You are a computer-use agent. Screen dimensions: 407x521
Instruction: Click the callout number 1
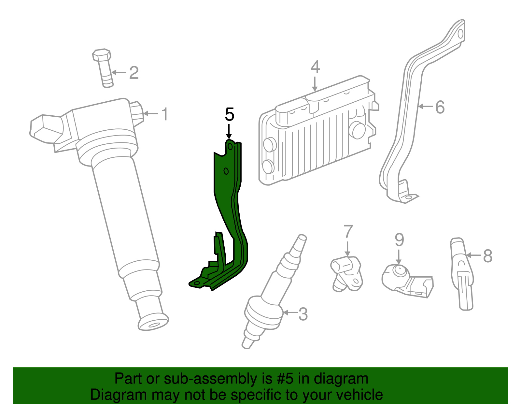pyautogui.click(x=165, y=114)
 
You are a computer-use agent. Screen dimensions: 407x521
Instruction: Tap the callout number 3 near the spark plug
pyautogui.click(x=303, y=314)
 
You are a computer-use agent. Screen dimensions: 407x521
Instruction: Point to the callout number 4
pyautogui.click(x=315, y=67)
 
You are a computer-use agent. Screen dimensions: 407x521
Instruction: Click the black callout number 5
pyautogui.click(x=230, y=115)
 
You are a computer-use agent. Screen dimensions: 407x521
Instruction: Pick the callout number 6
pyautogui.click(x=440, y=107)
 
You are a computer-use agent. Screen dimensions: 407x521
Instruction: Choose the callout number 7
pyautogui.click(x=348, y=232)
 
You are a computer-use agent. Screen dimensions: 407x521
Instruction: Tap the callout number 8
pyautogui.click(x=487, y=256)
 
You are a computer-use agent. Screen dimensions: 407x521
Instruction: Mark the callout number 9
pyautogui.click(x=399, y=240)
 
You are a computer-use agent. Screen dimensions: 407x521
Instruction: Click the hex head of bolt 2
pyautogui.click(x=102, y=55)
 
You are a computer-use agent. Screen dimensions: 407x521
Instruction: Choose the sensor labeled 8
pyautogui.click(x=462, y=274)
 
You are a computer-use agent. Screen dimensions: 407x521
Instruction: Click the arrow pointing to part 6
pyautogui.click(x=425, y=106)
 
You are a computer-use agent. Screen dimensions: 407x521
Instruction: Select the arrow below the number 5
pyautogui.click(x=229, y=132)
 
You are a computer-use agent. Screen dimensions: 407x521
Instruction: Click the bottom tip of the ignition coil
pyautogui.click(x=153, y=323)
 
